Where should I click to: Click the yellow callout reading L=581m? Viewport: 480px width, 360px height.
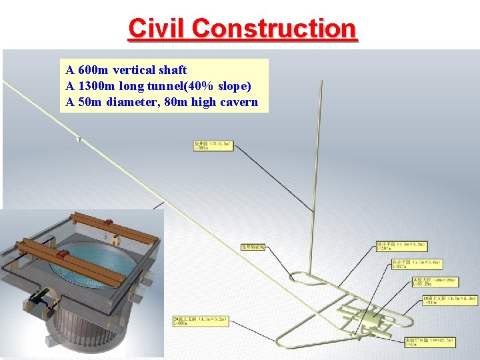click(x=213, y=145)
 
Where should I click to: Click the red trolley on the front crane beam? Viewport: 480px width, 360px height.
click(x=64, y=255)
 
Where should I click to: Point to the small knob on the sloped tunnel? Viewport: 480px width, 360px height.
click(x=79, y=139)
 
